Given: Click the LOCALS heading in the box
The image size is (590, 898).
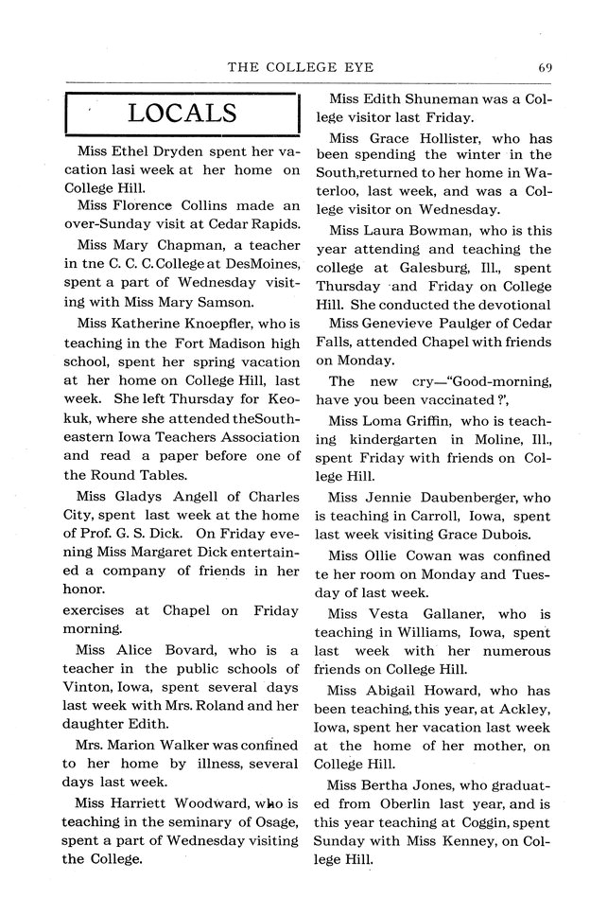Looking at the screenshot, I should point(182,115).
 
